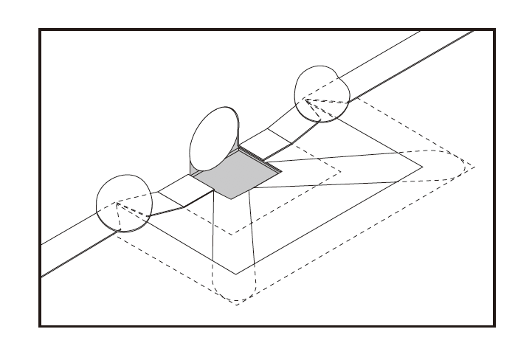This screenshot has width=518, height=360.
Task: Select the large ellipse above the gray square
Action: (x=214, y=139)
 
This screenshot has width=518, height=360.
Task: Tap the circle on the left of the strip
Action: (x=124, y=203)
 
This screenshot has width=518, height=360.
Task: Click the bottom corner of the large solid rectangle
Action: (x=236, y=274)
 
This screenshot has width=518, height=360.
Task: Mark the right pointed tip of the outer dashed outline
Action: (x=474, y=167)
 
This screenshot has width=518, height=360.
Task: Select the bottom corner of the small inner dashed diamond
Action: (x=232, y=235)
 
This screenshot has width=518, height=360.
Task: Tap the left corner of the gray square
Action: (x=194, y=175)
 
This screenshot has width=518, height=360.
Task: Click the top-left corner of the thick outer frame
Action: (x=40, y=30)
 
